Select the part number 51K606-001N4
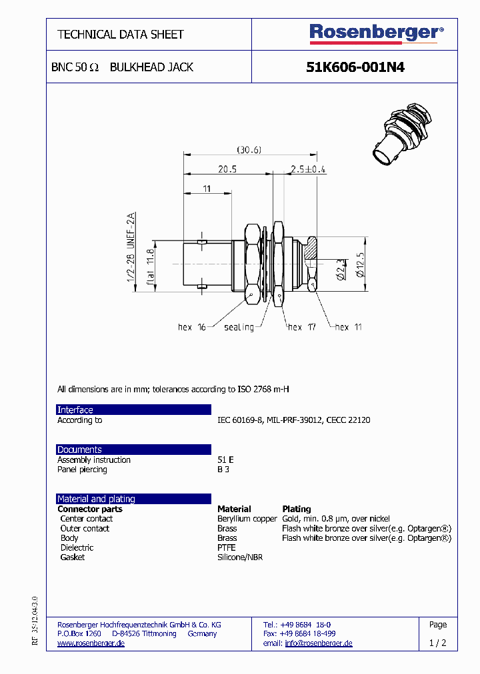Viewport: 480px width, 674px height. click(x=355, y=67)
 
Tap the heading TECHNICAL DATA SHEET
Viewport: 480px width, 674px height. click(x=121, y=34)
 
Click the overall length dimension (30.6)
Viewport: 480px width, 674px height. click(x=249, y=150)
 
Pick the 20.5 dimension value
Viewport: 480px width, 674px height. click(x=227, y=169)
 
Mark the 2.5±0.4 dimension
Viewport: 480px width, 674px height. click(x=307, y=169)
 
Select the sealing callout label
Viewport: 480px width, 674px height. click(x=239, y=327)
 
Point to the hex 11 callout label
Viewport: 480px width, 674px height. click(x=349, y=327)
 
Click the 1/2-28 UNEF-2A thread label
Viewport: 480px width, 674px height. click(x=131, y=246)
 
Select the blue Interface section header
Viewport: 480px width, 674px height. click(x=133, y=410)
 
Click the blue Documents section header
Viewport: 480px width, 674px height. click(x=133, y=450)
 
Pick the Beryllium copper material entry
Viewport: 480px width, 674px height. click(x=247, y=519)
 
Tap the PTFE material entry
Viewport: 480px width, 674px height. click(x=227, y=547)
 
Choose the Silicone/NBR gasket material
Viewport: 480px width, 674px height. click(x=240, y=557)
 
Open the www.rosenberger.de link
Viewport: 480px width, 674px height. click(x=91, y=643)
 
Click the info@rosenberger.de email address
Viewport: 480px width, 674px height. click(x=319, y=643)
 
